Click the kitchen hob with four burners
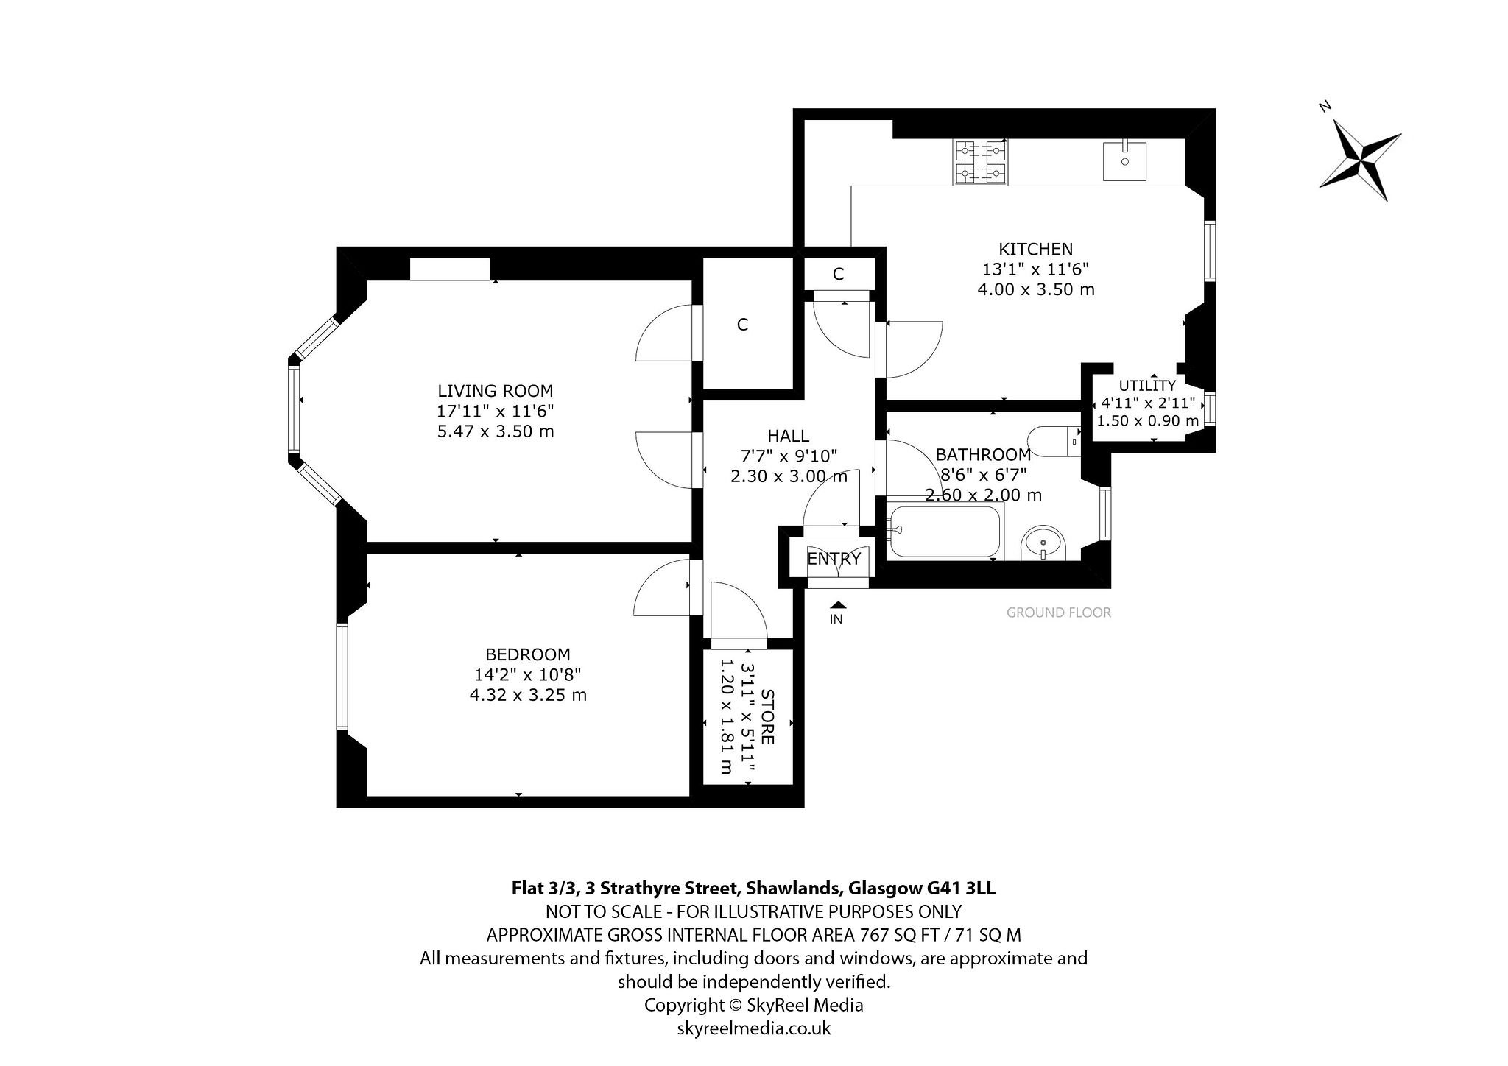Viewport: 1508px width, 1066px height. [x=981, y=162]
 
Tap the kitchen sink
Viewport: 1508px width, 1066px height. [x=1125, y=161]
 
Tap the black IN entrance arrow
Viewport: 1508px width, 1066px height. [x=836, y=604]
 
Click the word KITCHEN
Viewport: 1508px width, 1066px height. [x=1035, y=249]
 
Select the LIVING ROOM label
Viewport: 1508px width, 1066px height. [x=495, y=391]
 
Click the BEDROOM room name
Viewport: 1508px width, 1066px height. [x=528, y=654]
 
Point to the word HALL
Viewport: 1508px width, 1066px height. [x=788, y=437]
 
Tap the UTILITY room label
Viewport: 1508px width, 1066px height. [x=1147, y=385]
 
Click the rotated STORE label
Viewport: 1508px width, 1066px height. [x=767, y=716]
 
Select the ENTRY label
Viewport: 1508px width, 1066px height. [x=834, y=559]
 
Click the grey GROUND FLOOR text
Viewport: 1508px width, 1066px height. [x=1059, y=613]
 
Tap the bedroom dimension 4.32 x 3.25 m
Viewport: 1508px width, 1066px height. [x=528, y=694]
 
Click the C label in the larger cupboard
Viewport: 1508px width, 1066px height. [x=742, y=325]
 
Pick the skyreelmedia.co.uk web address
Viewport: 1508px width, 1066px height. [x=754, y=1028]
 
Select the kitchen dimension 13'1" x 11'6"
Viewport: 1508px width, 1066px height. [x=1035, y=269]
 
